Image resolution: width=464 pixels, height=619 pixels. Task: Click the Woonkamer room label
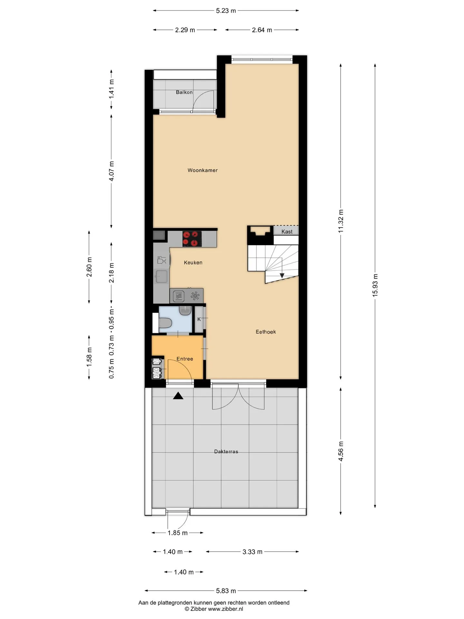(202, 170)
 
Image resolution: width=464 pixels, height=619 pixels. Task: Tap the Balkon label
(184, 92)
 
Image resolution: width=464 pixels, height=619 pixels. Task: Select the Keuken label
(193, 262)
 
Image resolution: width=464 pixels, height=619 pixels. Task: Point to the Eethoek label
(266, 332)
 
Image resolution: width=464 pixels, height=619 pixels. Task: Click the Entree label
(185, 359)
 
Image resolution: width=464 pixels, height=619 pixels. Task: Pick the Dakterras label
(226, 452)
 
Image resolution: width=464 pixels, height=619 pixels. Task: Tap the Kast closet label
(287, 231)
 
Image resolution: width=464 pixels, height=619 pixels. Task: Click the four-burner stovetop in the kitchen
(192, 239)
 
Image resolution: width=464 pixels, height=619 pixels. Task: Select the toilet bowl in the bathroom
(165, 323)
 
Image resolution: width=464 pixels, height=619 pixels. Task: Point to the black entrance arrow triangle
(178, 396)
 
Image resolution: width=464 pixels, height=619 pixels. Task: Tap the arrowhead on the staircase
(282, 276)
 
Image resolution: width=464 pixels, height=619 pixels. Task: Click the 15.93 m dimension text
(375, 285)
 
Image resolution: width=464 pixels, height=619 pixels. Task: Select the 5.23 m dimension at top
(226, 11)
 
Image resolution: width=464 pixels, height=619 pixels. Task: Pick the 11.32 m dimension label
(341, 221)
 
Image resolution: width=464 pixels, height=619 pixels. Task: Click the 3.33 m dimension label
(252, 552)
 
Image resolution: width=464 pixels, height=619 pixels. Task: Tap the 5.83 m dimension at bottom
(226, 591)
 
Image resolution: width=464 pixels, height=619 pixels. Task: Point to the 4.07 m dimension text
(111, 171)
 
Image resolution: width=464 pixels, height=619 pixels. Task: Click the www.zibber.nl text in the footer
(225, 609)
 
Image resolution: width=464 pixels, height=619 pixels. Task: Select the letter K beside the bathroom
(199, 319)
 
